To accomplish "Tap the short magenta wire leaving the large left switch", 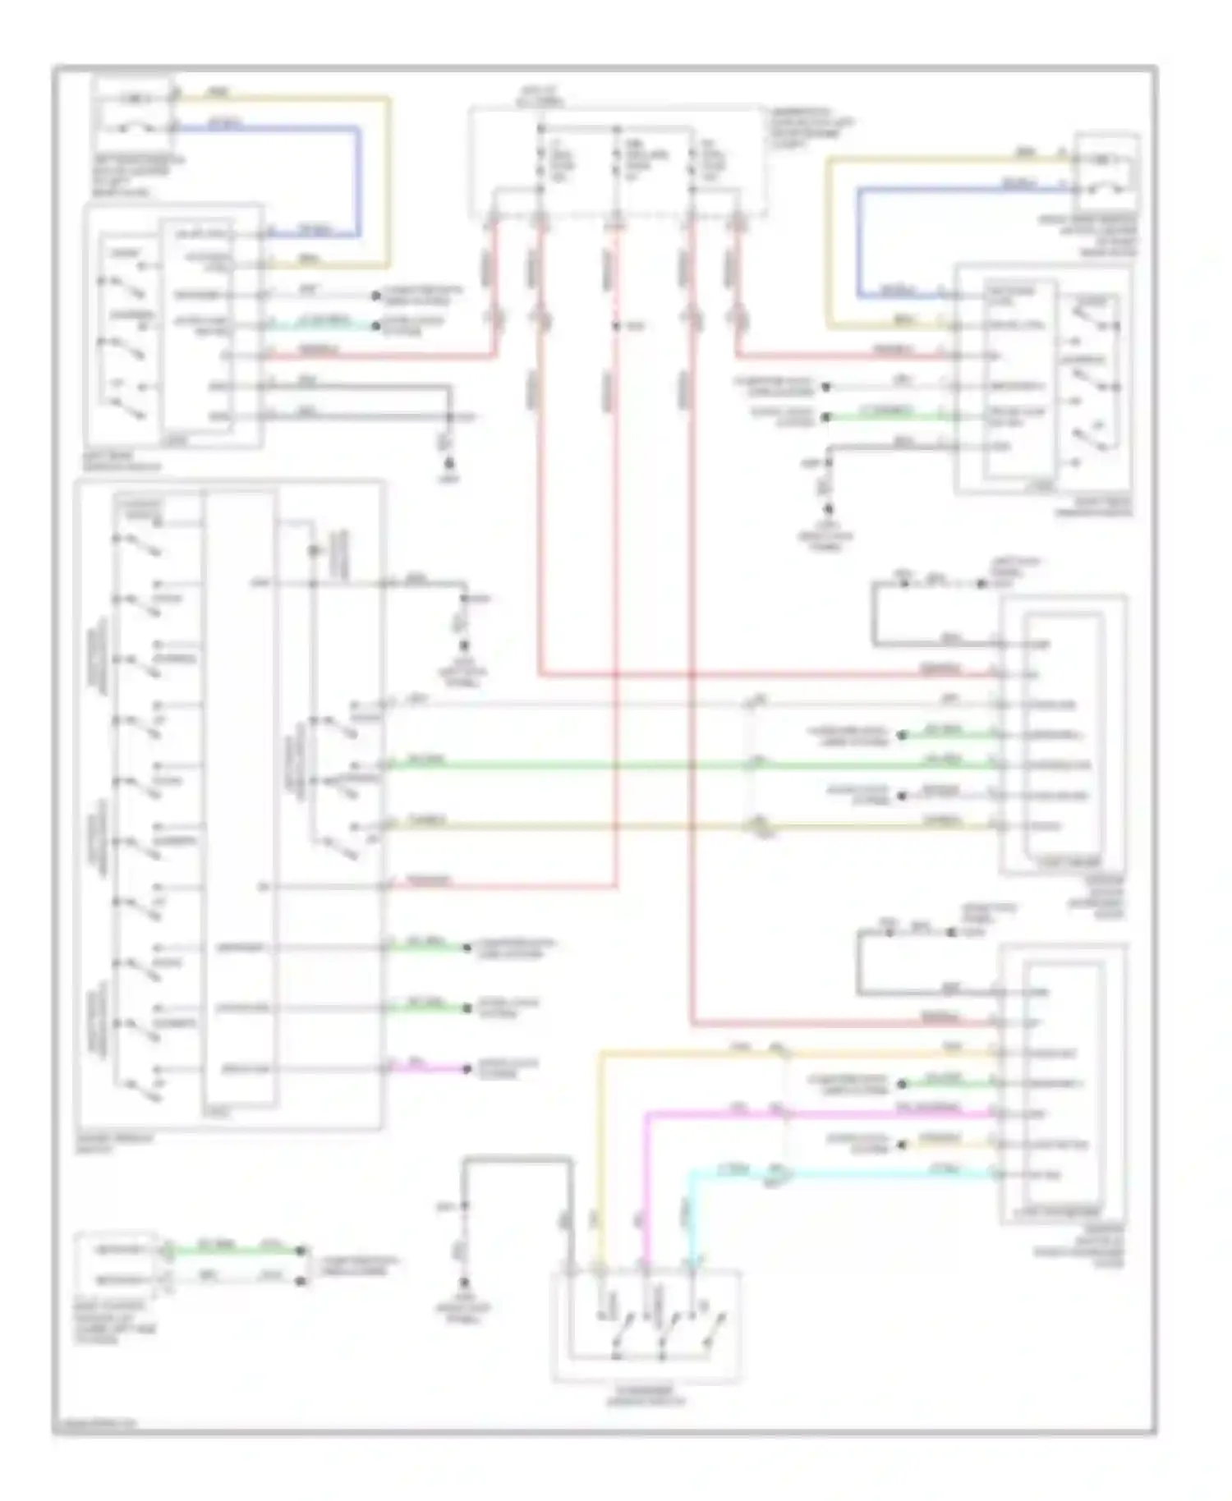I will pyautogui.click(x=427, y=1069).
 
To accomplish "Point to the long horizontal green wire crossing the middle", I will pyautogui.click(x=657, y=766).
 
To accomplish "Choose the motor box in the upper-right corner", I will pyautogui.click(x=1107, y=172).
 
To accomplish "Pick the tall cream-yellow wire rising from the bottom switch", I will pyautogui.click(x=600, y=1150).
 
